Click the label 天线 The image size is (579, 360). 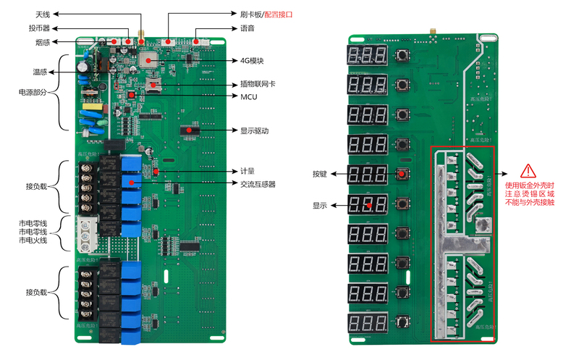coord(43,14)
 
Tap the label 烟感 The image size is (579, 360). coord(43,43)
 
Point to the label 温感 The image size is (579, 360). coord(40,72)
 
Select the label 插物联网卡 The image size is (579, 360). coord(258,84)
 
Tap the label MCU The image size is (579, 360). coord(248,96)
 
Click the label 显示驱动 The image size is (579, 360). coord(254,130)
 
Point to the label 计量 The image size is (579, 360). coord(247,172)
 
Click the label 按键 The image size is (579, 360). coord(320,174)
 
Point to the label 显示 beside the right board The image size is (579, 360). coord(320,205)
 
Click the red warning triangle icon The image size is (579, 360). coord(529,171)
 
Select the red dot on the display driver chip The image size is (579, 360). coord(191,130)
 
